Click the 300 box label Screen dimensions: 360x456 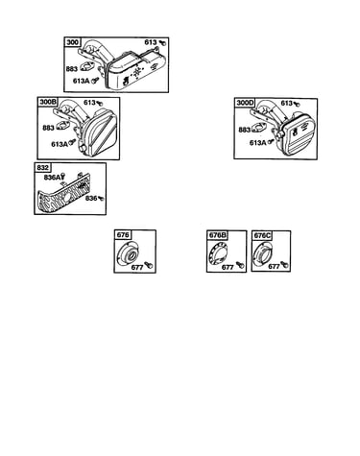click(x=73, y=42)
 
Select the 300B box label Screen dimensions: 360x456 click(x=48, y=102)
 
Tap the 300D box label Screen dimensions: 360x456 click(x=245, y=103)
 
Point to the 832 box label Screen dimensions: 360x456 click(x=43, y=168)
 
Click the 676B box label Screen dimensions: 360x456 click(x=217, y=235)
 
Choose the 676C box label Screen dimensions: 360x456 click(x=262, y=235)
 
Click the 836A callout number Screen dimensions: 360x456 click(x=52, y=177)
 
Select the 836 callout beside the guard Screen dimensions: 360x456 click(x=91, y=199)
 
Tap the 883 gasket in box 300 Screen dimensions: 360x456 click(x=87, y=67)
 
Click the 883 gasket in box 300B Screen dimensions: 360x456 click(x=63, y=126)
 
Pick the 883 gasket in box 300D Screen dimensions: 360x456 click(x=259, y=128)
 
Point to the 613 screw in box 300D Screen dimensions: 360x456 click(x=297, y=104)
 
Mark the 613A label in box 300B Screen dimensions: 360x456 click(x=60, y=144)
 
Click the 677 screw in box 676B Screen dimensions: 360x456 click(x=240, y=264)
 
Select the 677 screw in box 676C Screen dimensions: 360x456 click(x=284, y=265)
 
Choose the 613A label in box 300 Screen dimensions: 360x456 click(x=81, y=81)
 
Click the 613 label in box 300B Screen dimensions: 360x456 click(x=89, y=103)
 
